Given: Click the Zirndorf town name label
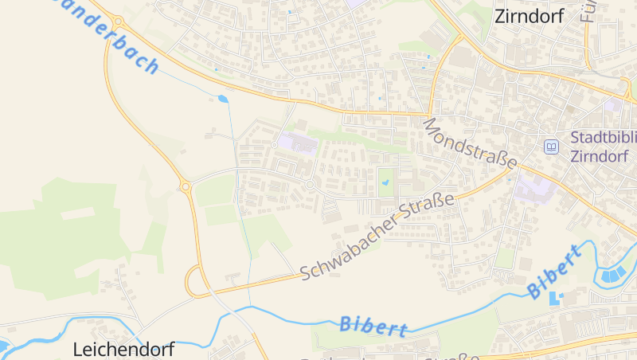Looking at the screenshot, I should [530, 16].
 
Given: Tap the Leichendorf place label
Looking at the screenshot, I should [123, 349].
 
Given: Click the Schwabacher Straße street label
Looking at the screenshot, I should [377, 237].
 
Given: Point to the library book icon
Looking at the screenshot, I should [550, 147].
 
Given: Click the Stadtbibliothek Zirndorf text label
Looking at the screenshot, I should [604, 146].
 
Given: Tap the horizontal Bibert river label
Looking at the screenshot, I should [373, 325].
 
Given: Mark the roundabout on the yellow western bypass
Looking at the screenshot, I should [186, 186].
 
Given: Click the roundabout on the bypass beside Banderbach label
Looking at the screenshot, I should [118, 22].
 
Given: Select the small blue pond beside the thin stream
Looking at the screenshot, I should [223, 99].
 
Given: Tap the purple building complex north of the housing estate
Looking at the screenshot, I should [296, 143].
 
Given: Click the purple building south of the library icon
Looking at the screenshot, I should [534, 190].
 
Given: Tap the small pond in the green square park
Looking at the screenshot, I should [386, 182].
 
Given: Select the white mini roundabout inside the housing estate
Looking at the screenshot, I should [310, 185].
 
